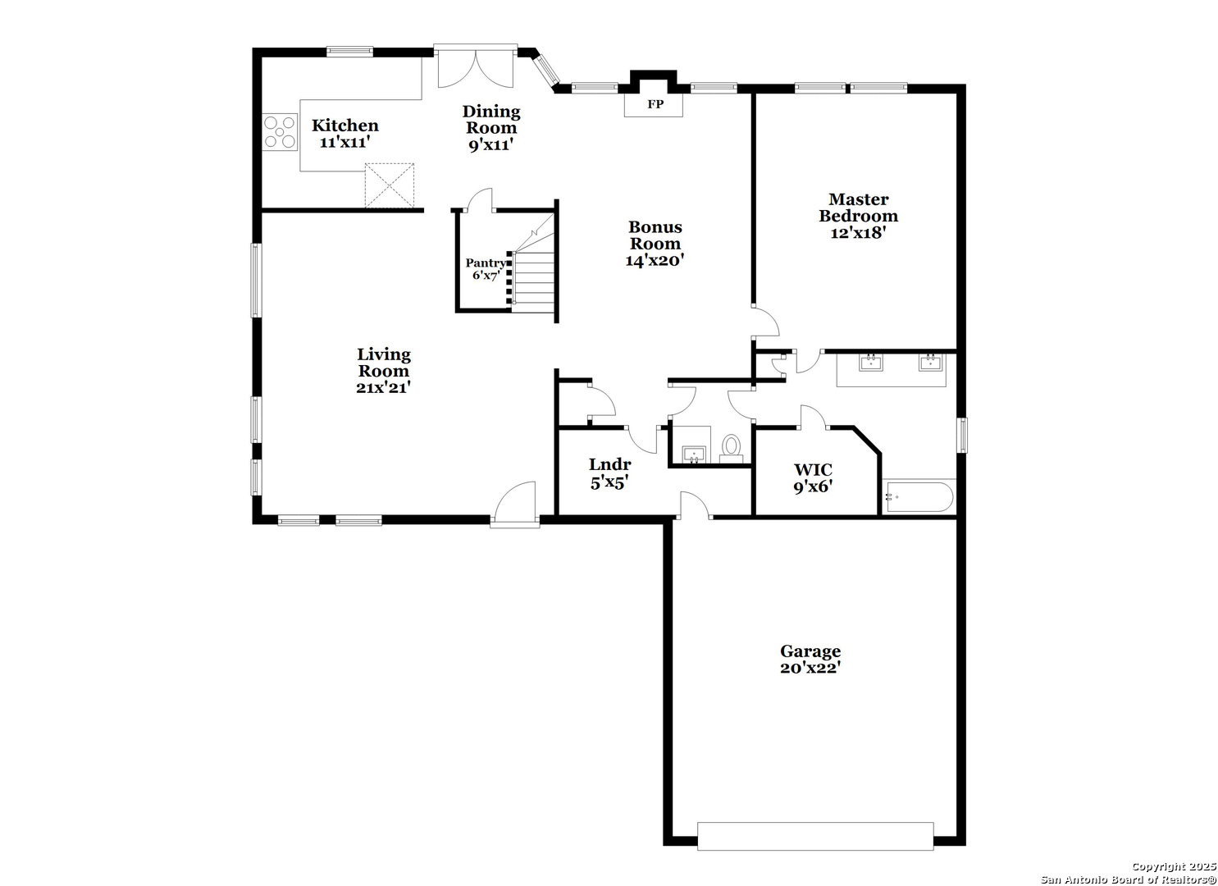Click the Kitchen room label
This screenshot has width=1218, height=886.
tap(344, 126)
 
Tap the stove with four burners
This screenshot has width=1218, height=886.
tap(280, 132)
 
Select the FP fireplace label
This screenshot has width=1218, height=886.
tap(655, 104)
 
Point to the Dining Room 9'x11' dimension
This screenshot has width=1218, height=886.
tap(491, 145)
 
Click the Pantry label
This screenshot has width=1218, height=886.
tap(485, 263)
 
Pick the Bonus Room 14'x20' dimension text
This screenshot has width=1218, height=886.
tap(655, 261)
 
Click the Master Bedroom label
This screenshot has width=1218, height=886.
tap(858, 208)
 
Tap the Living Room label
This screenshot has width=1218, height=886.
tap(383, 363)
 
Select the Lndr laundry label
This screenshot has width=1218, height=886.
tap(609, 464)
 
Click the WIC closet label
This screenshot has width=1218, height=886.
tap(813, 469)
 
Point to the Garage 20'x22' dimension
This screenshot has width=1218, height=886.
tap(810, 668)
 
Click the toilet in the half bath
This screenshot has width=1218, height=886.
tap(732, 450)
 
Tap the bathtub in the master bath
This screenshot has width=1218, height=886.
tap(919, 497)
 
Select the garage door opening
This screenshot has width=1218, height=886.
tap(815, 837)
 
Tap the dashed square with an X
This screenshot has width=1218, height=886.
tap(390, 185)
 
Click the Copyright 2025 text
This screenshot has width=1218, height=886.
tap(1174, 867)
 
